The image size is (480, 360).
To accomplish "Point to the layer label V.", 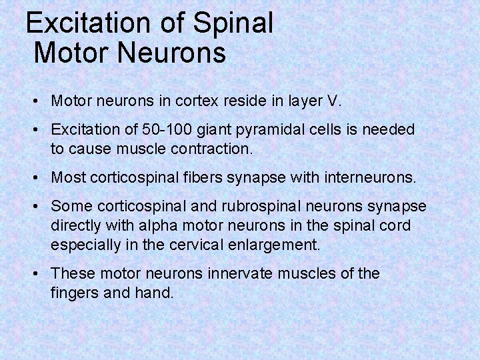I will pyautogui.click(x=333, y=103).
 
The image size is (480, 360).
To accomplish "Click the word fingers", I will pyautogui.click(x=74, y=293).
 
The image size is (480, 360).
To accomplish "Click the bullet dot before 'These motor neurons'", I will pyautogui.click(x=35, y=274).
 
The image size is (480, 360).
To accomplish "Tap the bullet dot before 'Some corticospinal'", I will pyautogui.click(x=35, y=207).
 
